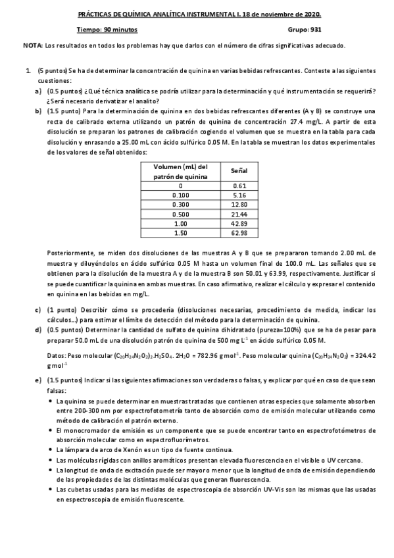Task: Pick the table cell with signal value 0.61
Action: [239, 186]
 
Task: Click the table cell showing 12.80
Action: [239, 205]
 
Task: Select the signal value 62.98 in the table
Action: [239, 232]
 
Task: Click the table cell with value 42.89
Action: [239, 223]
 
